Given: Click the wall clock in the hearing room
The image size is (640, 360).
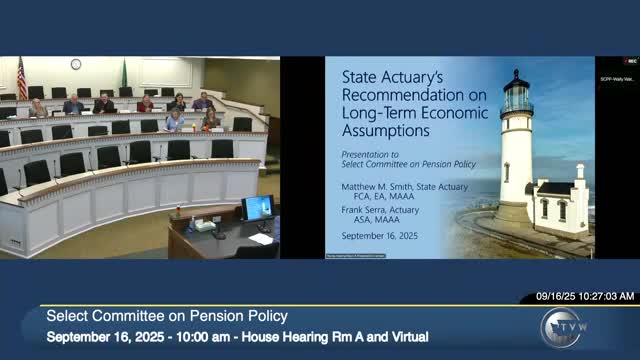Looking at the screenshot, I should click(76, 64).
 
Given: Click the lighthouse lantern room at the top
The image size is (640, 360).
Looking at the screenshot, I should click(517, 96).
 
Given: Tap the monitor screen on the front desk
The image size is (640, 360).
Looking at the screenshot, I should click(257, 207).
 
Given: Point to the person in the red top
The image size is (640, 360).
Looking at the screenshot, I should click(146, 103).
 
